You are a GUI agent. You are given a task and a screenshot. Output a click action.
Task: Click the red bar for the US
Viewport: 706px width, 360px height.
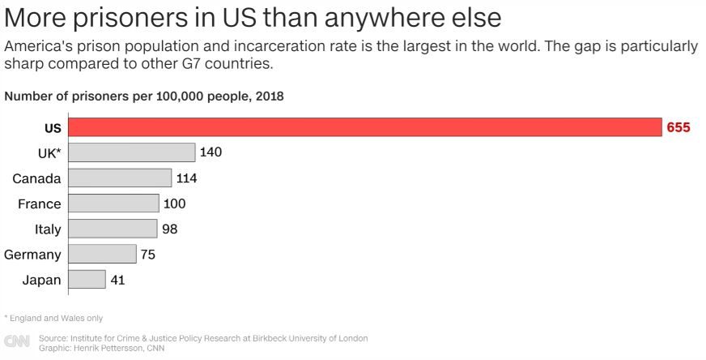[364, 127]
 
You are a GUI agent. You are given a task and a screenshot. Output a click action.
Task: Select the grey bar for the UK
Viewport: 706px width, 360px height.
[132, 152]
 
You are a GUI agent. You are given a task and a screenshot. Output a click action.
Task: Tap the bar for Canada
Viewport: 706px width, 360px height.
[120, 178]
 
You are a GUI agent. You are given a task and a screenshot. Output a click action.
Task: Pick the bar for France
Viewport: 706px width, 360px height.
[113, 204]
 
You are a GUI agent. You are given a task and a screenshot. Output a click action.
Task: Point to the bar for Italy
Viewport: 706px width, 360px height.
[113, 229]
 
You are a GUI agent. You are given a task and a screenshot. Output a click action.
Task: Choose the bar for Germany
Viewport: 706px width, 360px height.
[102, 255]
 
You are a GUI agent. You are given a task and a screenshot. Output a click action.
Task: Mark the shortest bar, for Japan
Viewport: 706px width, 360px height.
[87, 280]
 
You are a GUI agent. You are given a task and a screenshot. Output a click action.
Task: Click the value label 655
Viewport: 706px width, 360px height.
[678, 127]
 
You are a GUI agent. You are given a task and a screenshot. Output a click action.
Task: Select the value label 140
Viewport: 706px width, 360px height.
[211, 152]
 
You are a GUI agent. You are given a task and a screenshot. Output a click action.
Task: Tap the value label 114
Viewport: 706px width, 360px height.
[187, 178]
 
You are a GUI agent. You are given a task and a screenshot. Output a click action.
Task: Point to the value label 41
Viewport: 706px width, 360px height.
[117, 280]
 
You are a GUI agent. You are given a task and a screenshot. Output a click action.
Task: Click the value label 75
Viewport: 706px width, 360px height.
[147, 255]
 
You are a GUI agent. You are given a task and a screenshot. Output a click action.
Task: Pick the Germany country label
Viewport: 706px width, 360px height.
[32, 255]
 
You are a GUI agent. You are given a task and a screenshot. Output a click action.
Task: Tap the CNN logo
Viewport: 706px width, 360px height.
[17, 342]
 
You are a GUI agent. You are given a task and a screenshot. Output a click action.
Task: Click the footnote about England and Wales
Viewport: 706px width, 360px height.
[53, 318]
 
